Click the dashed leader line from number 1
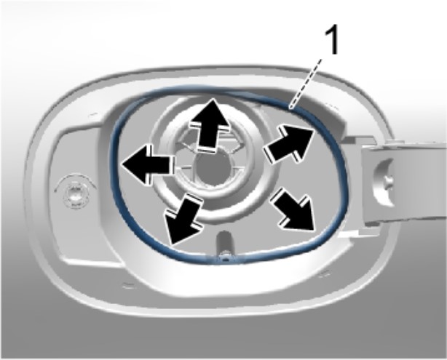305,84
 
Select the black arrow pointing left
148,164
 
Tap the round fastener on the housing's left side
75,191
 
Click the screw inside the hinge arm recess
388,180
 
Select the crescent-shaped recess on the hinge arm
384,182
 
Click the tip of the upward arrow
213,98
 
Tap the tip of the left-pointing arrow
122,164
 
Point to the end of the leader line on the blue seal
290,108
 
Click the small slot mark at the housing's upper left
94,114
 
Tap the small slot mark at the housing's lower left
129,285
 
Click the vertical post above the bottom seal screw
225,243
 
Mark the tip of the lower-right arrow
313,230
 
